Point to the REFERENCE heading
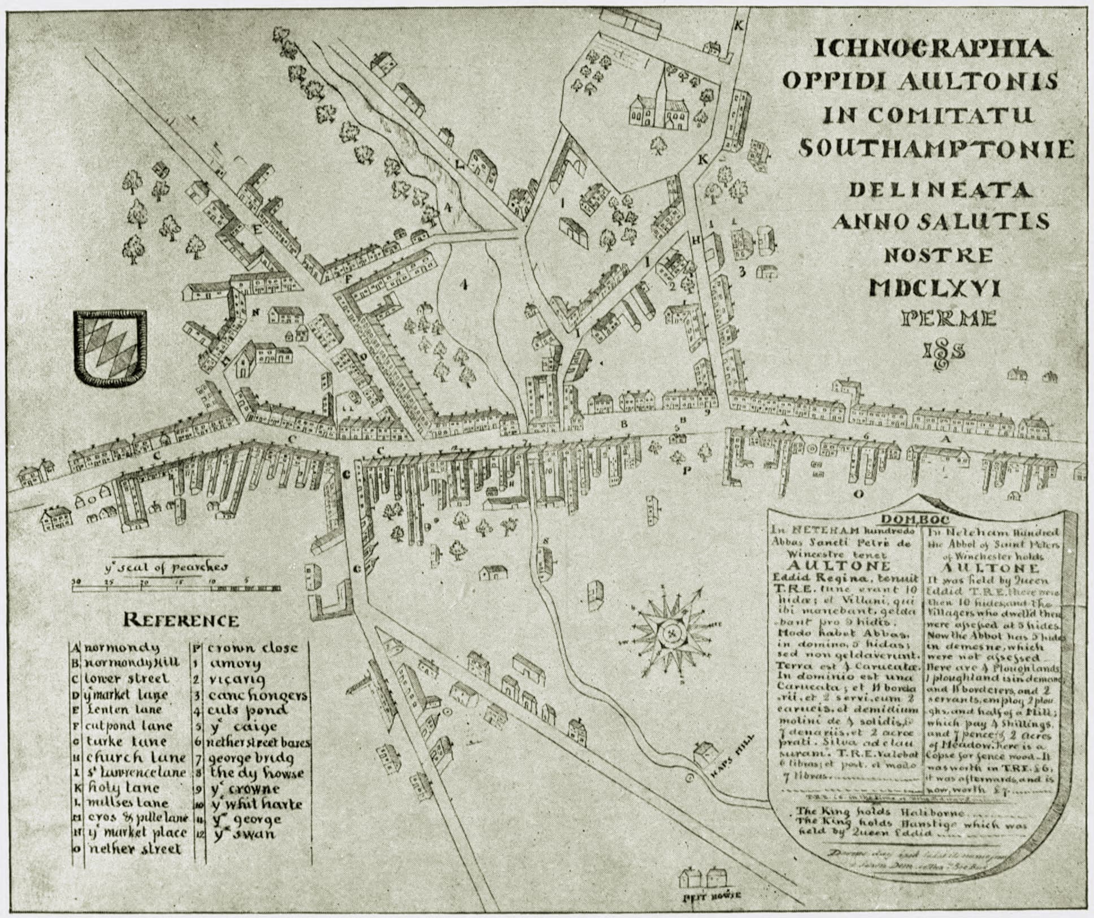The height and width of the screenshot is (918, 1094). pyautogui.click(x=181, y=620)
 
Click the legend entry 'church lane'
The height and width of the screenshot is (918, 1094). pyautogui.click(x=136, y=757)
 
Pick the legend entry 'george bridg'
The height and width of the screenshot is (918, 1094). pyautogui.click(x=251, y=757)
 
